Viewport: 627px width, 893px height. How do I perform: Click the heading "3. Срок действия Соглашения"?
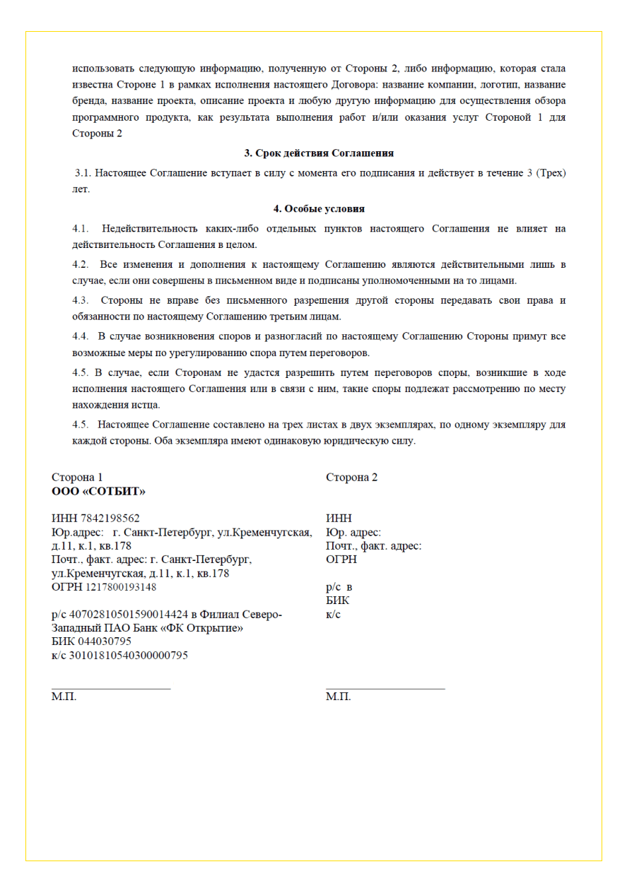(319, 153)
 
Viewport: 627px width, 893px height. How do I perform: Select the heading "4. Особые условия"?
(319, 208)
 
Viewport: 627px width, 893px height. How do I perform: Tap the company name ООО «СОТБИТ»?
(98, 491)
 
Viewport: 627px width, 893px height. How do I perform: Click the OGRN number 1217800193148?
(121, 587)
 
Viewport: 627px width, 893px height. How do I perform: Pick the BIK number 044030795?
(107, 641)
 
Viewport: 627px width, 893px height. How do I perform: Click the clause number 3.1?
(83, 172)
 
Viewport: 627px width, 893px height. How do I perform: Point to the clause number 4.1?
(81, 228)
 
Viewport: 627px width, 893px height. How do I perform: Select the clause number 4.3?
(81, 300)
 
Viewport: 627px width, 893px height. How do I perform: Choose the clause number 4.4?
(81, 336)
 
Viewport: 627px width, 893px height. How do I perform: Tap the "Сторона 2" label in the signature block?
(351, 478)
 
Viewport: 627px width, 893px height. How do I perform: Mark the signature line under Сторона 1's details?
(111, 687)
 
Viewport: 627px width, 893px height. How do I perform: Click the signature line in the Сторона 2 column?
(385, 687)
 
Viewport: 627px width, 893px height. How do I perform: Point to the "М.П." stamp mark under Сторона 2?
(338, 697)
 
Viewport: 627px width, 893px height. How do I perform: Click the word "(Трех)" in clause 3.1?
(551, 172)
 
